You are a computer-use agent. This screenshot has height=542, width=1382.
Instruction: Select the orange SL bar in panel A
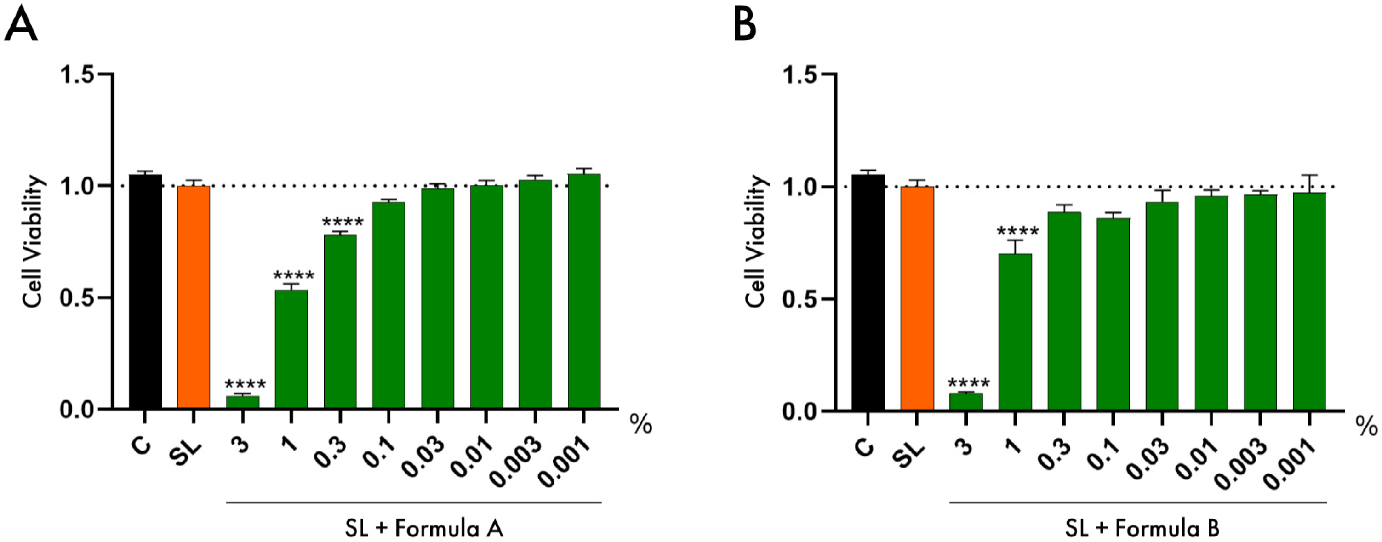194,297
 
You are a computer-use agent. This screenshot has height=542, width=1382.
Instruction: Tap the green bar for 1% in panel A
291,349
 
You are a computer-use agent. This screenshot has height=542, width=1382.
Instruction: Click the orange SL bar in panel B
917,298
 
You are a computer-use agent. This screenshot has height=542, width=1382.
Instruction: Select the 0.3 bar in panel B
1064,311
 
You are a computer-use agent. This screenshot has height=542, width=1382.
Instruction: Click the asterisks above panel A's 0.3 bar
343,222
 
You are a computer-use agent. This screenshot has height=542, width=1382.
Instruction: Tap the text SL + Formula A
424,529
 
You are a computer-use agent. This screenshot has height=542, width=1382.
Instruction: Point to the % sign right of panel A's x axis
641,425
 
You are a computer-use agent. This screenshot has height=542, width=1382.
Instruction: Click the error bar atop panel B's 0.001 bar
1309,183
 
